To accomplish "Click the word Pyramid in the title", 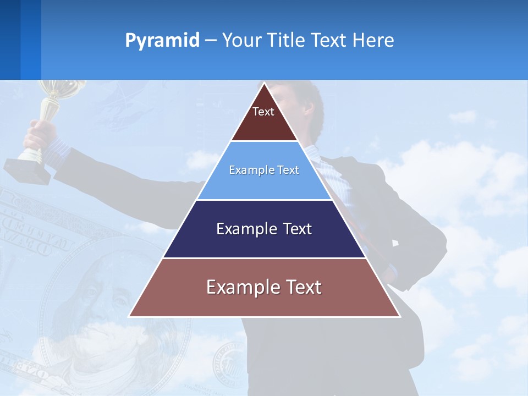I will tap(162, 40).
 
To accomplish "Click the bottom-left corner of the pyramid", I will tap(130, 316).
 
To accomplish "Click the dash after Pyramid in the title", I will tap(211, 41).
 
